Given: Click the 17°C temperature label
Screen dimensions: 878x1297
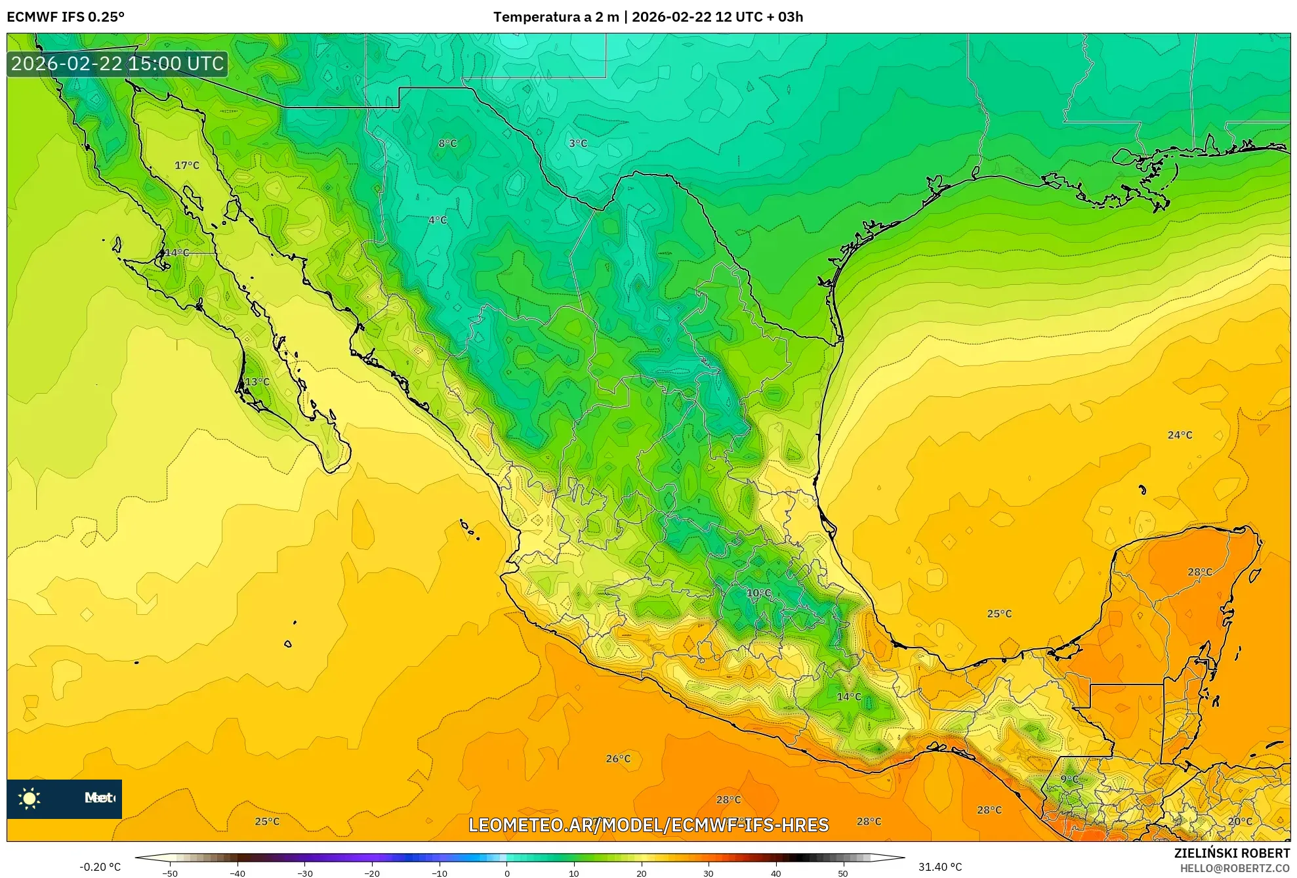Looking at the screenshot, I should tap(187, 165).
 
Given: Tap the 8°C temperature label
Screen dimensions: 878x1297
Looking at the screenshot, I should tap(447, 144).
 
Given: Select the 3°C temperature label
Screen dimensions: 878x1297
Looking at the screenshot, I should tap(578, 144).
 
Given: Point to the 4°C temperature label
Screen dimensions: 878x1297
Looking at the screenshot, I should tap(438, 220).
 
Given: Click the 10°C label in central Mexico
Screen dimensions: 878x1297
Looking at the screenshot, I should tap(759, 593).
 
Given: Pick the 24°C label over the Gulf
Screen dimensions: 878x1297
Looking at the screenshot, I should tap(1180, 435).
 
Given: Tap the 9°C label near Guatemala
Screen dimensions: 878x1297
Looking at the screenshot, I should tap(1069, 780).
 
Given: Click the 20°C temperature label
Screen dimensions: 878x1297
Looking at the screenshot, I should tap(1240, 822).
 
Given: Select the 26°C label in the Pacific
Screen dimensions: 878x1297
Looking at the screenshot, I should tap(618, 759).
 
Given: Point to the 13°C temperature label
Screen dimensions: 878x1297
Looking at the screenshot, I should tap(257, 382).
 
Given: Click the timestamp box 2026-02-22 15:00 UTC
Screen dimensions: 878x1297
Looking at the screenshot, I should tap(117, 64).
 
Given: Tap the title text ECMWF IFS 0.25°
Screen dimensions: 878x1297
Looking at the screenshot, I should tap(66, 17).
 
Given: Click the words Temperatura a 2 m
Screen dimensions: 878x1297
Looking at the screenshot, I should tap(556, 17).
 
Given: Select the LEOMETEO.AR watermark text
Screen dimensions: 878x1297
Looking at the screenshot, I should tap(648, 825).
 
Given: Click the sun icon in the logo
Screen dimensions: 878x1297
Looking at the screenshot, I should tap(30, 799).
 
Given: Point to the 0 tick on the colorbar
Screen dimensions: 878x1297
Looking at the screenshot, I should tap(506, 873).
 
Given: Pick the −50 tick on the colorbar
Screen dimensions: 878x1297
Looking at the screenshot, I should tap(170, 873).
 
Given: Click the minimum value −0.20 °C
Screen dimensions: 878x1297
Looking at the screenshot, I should tap(100, 867).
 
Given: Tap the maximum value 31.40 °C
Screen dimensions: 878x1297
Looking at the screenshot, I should tap(939, 867).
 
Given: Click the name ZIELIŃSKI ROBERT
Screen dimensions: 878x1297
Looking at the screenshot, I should tap(1231, 853).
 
